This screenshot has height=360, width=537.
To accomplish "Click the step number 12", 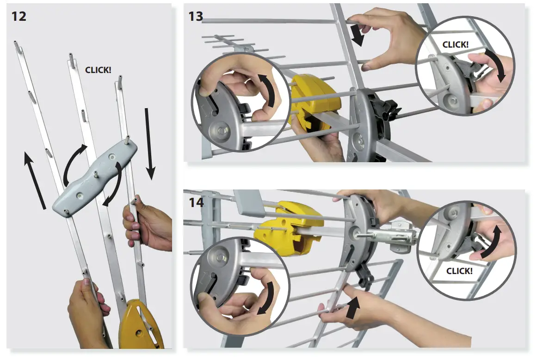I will [19, 17].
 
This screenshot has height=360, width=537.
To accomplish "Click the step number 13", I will [196, 16].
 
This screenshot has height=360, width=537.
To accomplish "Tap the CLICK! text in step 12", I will [98, 70].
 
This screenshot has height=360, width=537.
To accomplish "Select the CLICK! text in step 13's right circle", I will [456, 45].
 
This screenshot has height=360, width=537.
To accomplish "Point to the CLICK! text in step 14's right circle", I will [459, 271].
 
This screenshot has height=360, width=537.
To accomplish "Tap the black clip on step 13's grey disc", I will [386, 109].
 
